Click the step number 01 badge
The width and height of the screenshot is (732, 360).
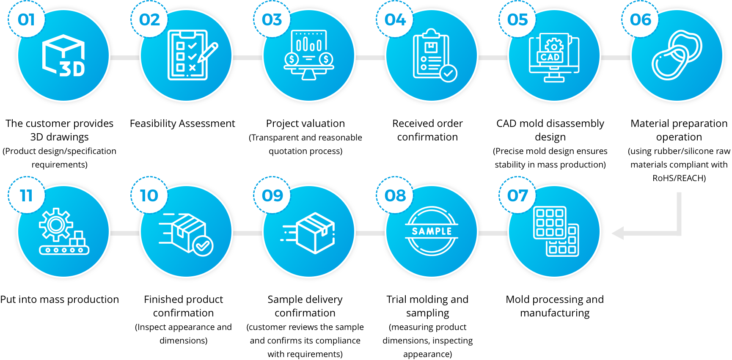tap(26, 19)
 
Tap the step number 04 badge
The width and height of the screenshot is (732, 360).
tap(395, 19)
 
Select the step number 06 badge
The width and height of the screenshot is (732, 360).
tap(640, 19)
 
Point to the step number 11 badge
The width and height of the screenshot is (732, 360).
tap(26, 195)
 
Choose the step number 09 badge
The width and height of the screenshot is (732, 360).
tap(272, 195)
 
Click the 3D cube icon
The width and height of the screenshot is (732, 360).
tap(63, 55)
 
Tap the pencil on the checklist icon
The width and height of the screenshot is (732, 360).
tap(208, 52)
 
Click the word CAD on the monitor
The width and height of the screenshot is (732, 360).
tap(550, 57)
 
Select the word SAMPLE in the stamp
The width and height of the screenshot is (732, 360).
tap(432, 231)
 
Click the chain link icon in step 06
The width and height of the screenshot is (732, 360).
tap(677, 55)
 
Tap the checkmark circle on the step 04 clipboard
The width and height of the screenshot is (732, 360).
tap(448, 73)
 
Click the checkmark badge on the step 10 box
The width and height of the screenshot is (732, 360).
tap(203, 245)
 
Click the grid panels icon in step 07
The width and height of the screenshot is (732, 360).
tap(556, 231)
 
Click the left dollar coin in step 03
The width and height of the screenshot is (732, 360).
tap(292, 59)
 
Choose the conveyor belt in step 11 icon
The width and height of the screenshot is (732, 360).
tap(64, 250)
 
